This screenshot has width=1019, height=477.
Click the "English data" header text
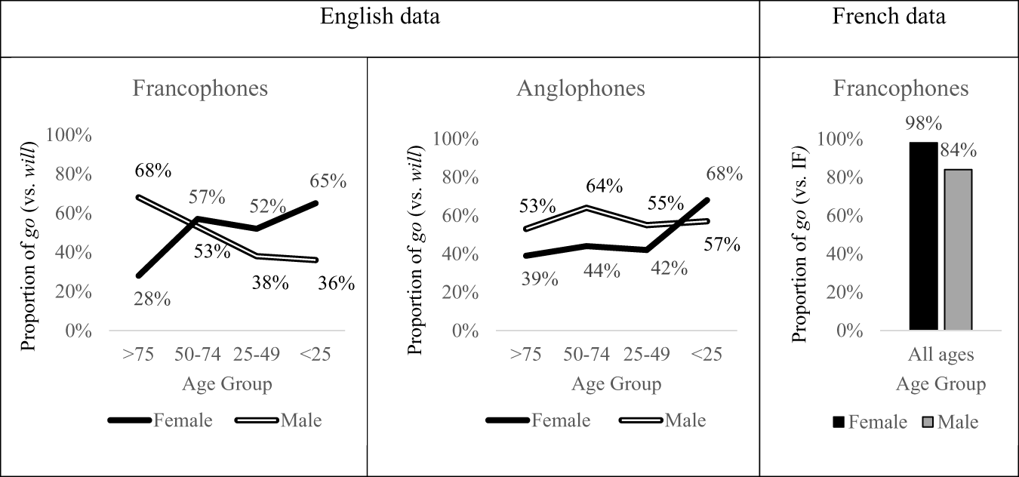pos(380,17)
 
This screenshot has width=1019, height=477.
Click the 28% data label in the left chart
pos(153,300)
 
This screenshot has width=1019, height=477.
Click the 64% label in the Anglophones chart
pos(604,186)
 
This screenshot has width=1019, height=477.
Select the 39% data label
pos(540,280)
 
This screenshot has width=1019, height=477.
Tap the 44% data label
pos(602,271)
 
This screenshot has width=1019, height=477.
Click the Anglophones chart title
pos(580,88)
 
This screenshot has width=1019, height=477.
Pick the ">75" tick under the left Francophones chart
pos(137,355)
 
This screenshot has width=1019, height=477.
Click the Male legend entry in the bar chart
pos(950,422)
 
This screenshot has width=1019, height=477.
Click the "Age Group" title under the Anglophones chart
pos(616,384)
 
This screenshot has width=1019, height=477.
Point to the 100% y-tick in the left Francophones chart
pos(69,135)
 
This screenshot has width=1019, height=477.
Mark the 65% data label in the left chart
pos(328,181)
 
